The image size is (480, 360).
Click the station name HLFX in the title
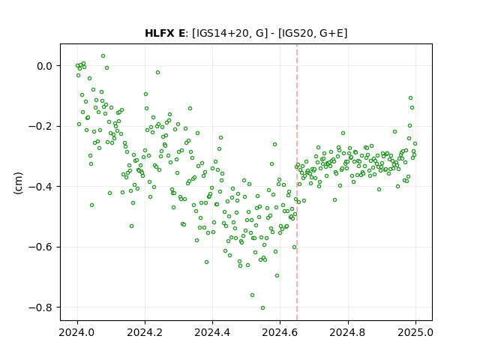(x=159, y=33)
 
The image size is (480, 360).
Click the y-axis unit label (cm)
(x=18, y=183)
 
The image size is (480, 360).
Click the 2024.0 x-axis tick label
(x=77, y=332)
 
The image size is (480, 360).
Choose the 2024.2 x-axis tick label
(x=145, y=332)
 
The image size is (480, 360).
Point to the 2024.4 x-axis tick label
(x=212, y=332)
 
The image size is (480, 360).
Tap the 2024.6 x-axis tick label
(x=280, y=332)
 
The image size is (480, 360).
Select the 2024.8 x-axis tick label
(x=348, y=332)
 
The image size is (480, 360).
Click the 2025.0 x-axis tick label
(x=415, y=332)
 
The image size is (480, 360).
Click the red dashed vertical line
(x=297, y=182)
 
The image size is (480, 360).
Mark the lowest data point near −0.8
(x=262, y=308)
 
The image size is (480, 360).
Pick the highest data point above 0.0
(x=103, y=56)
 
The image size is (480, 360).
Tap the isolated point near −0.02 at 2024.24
(x=157, y=73)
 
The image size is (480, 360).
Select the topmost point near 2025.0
(x=410, y=98)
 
